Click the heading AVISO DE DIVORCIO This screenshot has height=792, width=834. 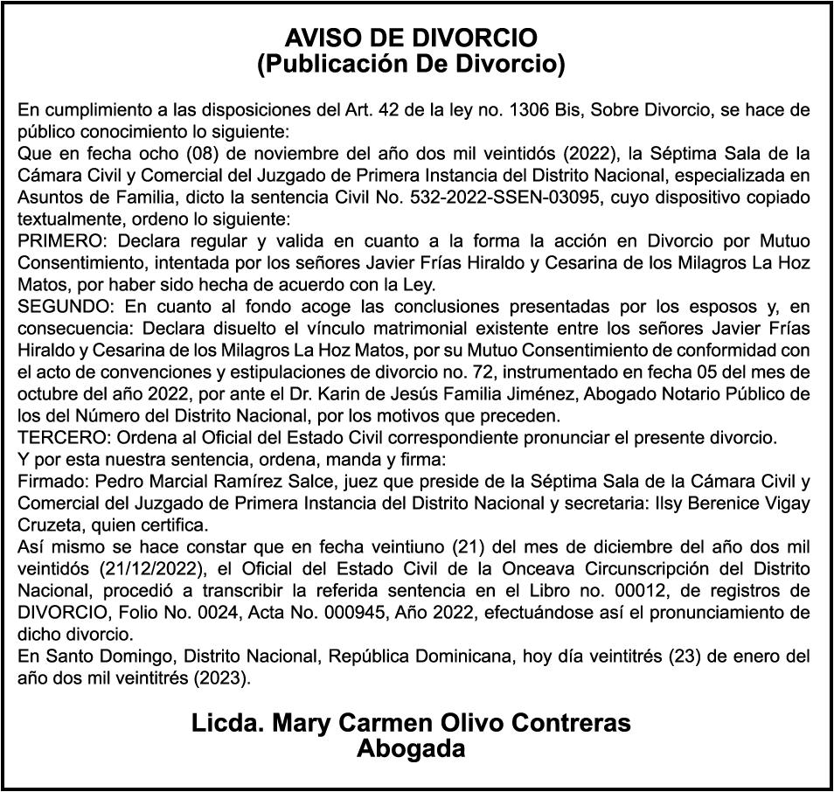(411, 38)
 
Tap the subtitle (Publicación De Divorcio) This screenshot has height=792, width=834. (411, 64)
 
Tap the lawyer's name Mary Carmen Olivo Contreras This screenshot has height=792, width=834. (411, 724)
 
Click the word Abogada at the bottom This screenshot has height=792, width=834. (411, 749)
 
